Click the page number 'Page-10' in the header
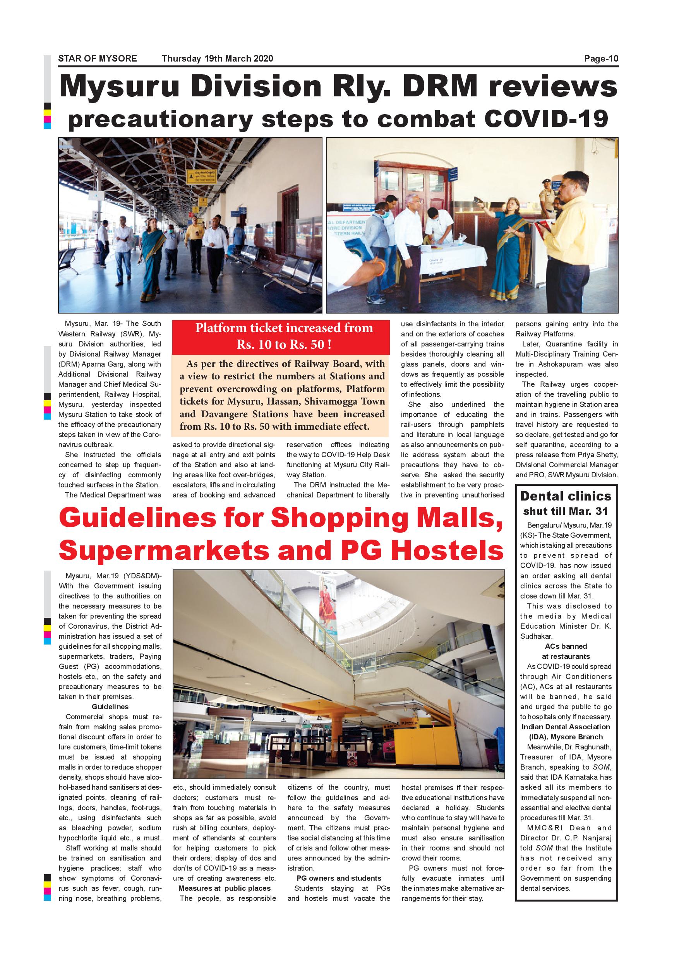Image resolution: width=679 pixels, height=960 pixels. (601, 58)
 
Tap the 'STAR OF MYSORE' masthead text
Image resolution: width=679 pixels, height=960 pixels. (98, 58)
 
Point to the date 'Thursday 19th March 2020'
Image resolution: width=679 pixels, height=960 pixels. (218, 58)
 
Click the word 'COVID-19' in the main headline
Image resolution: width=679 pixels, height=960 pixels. (545, 119)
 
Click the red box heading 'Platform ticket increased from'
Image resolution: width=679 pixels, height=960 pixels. (284, 328)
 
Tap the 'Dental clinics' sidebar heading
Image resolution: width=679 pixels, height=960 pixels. (566, 496)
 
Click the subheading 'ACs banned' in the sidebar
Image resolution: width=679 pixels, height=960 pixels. (566, 646)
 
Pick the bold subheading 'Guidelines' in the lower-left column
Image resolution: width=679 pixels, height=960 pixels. (110, 706)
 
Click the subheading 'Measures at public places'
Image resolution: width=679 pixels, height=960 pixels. (225, 888)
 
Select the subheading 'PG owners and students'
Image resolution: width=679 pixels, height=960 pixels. (339, 878)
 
